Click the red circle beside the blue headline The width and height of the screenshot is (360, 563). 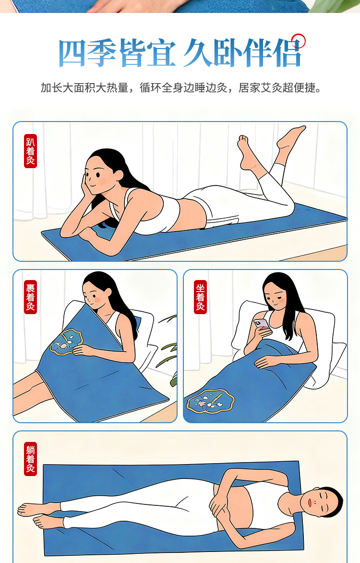click(298, 41)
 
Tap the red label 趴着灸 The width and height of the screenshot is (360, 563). click(31, 151)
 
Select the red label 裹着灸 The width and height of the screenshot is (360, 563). click(31, 297)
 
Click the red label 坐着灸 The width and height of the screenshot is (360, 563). click(200, 297)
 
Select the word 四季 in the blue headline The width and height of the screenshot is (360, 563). click(87, 53)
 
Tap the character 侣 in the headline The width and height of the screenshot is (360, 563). click(287, 53)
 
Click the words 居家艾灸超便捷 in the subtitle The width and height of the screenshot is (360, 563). click(280, 87)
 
